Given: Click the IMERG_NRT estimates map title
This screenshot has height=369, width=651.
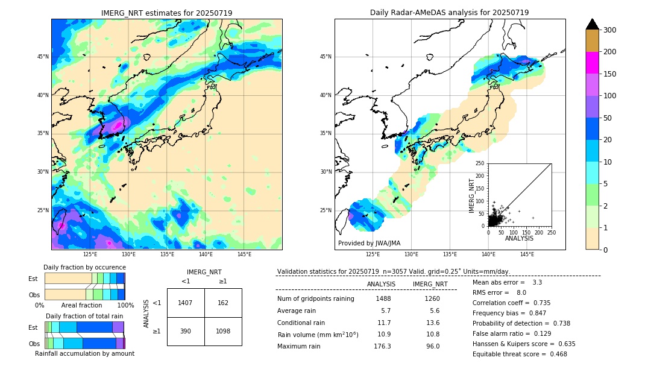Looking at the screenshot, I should [x=166, y=13].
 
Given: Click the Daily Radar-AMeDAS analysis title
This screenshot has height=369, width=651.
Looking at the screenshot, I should [x=449, y=13].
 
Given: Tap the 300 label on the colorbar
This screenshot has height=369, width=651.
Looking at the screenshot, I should [x=611, y=30].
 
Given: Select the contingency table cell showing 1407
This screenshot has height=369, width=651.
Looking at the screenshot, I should [x=186, y=303].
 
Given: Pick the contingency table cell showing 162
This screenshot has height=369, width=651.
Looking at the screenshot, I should [x=223, y=303].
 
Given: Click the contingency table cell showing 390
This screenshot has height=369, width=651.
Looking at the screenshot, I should [x=186, y=332].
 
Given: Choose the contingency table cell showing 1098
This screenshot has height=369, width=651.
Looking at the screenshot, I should [x=223, y=332].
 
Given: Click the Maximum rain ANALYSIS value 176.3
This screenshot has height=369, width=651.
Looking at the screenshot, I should [x=382, y=346].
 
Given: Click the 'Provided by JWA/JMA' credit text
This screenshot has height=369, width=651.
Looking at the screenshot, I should [x=369, y=243].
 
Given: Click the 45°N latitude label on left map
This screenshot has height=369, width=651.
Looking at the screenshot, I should [x=43, y=57].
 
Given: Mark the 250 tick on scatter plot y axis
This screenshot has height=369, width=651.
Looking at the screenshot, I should [x=480, y=163].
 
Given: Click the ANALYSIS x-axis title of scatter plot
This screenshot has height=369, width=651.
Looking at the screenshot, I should [x=519, y=238].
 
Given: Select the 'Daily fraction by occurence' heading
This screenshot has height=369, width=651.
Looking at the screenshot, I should [x=84, y=267].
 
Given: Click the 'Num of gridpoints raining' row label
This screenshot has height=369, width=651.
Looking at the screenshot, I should [x=316, y=298].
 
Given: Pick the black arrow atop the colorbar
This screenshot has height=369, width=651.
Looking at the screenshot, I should [x=593, y=24].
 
